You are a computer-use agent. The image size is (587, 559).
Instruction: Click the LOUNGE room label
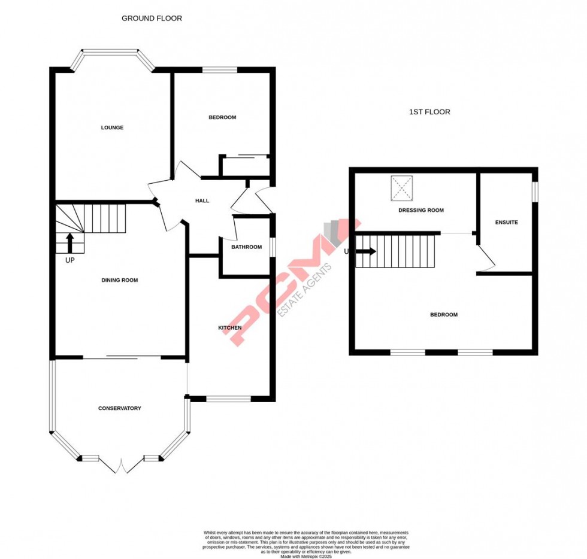112,127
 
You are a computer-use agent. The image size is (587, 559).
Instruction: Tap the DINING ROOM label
120,280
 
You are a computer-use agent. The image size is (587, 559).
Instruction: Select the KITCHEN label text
229,328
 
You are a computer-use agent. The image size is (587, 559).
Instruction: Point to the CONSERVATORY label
120,408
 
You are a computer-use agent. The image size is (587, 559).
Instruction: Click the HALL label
202,200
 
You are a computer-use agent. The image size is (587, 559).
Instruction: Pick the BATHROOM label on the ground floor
247,247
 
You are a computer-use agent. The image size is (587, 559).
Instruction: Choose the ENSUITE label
506,223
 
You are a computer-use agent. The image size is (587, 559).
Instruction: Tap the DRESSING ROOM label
421,211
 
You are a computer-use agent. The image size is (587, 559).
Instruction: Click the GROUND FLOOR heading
152,19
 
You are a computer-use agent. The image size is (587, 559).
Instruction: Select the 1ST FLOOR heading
429,112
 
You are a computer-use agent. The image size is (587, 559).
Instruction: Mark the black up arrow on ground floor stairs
69,242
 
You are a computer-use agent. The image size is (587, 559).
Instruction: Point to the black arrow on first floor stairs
367,251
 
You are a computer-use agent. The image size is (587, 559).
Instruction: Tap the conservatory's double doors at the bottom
122,465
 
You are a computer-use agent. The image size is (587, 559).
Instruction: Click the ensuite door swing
486,259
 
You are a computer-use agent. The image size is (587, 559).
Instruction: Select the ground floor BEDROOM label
222,117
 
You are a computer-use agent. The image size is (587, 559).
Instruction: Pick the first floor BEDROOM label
444,315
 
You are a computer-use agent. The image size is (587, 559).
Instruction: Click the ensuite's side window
535,191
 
